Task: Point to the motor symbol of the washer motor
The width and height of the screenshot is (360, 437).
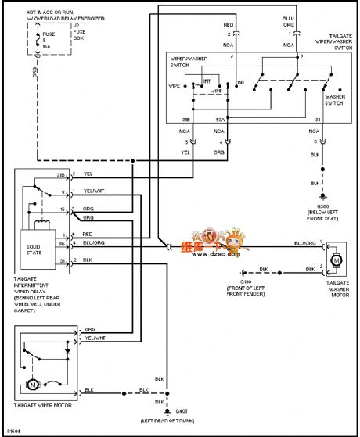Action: pos(332,258)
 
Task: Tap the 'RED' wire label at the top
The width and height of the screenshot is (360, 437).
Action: pos(229,24)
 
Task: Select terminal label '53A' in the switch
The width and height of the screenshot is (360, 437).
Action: pos(221,120)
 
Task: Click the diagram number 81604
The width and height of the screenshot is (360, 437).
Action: pos(15,431)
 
